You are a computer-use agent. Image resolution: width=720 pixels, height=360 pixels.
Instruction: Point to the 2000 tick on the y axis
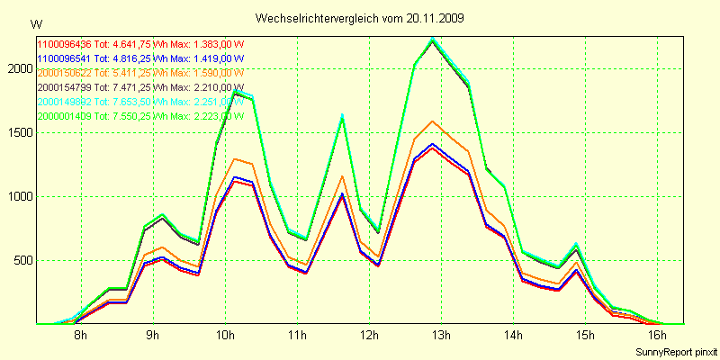(x=17, y=68)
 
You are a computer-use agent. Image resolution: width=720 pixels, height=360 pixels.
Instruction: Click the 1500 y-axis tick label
(x=17, y=132)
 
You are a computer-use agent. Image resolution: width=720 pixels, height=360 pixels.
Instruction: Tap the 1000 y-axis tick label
(x=17, y=196)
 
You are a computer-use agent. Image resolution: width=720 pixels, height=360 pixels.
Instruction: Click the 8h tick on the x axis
(x=80, y=336)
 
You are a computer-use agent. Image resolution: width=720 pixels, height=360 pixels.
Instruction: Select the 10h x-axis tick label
(x=225, y=336)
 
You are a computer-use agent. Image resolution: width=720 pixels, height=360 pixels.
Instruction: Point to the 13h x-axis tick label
(x=441, y=336)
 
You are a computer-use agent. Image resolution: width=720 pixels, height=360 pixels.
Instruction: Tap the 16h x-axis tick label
(x=657, y=336)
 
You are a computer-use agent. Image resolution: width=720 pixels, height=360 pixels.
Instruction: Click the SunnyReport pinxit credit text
(x=675, y=351)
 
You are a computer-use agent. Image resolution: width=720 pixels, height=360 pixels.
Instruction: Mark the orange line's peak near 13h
(x=433, y=121)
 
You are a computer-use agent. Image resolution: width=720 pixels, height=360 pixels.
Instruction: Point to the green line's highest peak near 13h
(x=433, y=39)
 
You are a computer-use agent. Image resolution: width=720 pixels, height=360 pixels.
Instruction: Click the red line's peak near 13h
(x=433, y=148)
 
